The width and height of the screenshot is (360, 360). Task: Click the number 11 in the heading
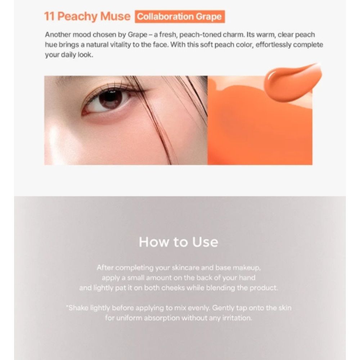tap(49, 17)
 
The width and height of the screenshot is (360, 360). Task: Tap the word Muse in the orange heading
tap(115, 17)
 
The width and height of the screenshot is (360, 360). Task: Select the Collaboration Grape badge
tap(180, 17)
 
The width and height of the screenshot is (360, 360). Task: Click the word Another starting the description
tap(58, 35)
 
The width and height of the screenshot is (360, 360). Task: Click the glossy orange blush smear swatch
tap(293, 82)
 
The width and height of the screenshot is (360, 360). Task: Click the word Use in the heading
tap(205, 242)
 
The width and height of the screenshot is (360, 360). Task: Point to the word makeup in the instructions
tap(247, 268)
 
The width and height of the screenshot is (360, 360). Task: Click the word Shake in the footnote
tap(78, 308)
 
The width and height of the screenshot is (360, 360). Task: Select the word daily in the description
tap(68, 55)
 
